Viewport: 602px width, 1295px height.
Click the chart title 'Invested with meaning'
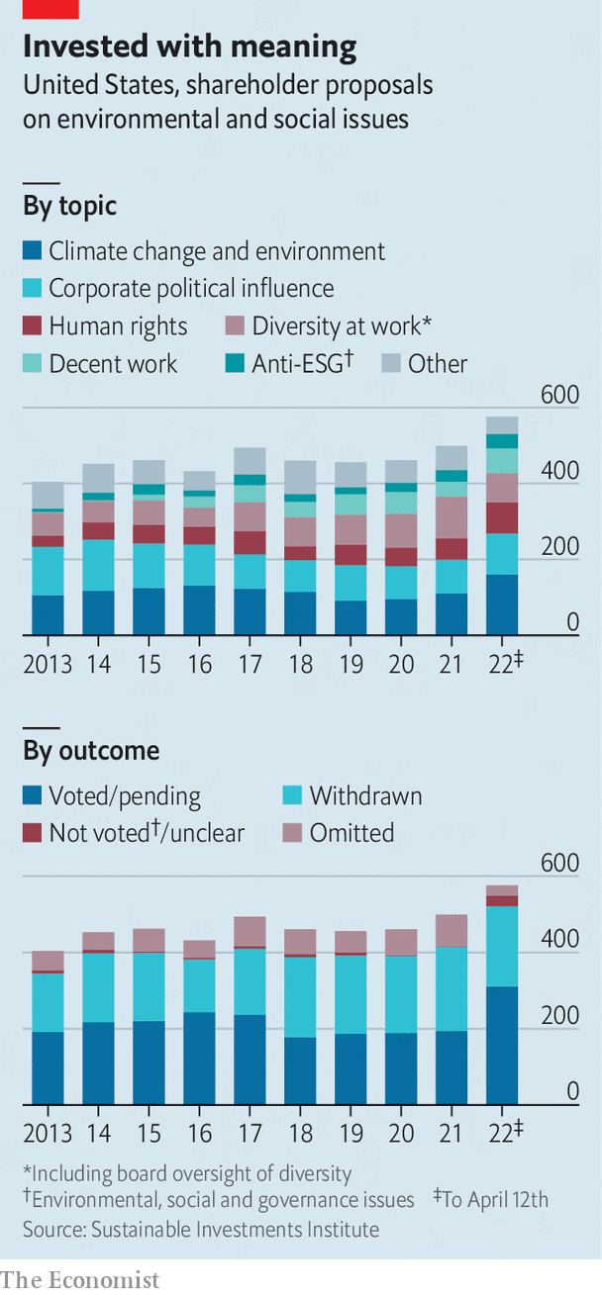(x=189, y=46)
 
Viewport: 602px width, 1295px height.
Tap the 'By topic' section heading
(x=69, y=206)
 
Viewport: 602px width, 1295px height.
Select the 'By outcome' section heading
(x=91, y=750)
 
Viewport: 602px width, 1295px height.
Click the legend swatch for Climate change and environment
(x=33, y=251)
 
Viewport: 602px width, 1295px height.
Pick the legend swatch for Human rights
(x=33, y=326)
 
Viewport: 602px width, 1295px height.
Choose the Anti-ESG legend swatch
(x=236, y=364)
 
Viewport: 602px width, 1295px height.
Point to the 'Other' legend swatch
(x=391, y=364)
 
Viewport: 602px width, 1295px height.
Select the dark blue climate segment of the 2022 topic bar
(x=501, y=603)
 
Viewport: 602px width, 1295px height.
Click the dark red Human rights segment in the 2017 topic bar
(x=249, y=542)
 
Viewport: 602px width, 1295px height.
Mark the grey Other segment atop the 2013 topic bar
(x=48, y=495)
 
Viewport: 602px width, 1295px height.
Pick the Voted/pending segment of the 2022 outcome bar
(x=501, y=1045)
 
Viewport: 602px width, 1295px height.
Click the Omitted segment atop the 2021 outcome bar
(x=451, y=930)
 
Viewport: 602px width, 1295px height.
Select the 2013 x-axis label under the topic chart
(x=48, y=664)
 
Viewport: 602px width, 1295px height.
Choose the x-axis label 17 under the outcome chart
(x=249, y=1133)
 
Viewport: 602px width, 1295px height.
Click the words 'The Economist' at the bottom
(x=79, y=1279)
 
